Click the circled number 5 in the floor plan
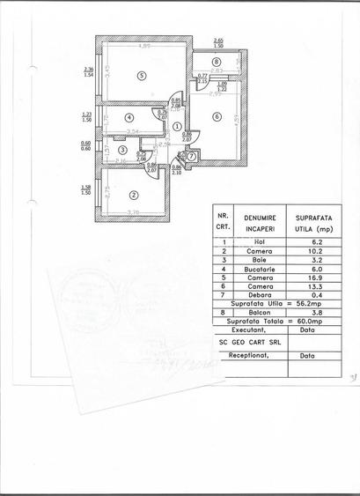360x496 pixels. (x=140, y=76)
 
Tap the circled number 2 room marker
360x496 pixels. (x=133, y=196)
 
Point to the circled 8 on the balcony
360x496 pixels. (x=217, y=61)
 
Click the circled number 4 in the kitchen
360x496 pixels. (x=129, y=116)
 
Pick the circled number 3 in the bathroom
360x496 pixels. (x=121, y=152)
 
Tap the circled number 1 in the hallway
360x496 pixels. (x=177, y=127)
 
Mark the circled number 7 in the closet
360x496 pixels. (x=191, y=156)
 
